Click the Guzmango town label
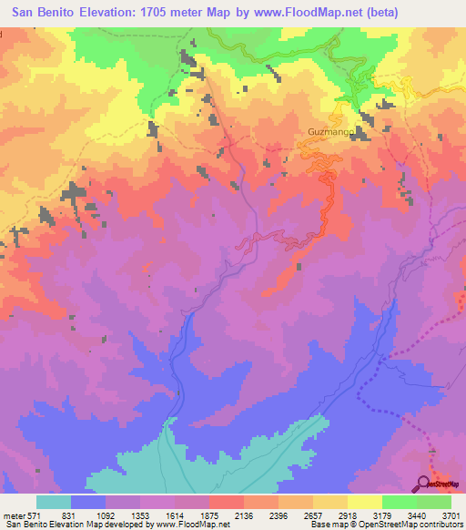325,131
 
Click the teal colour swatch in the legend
54,502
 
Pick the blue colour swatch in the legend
88,502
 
